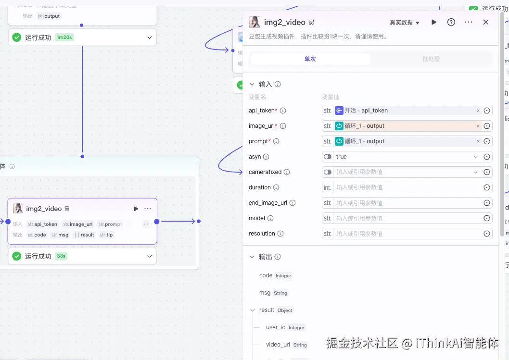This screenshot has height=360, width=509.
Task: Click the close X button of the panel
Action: point(485,22)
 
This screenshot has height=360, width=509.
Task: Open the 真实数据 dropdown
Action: point(405,23)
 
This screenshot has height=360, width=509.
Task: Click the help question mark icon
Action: point(451,22)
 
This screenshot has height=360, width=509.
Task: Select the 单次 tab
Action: point(310,59)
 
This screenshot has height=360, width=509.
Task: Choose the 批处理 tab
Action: point(431,59)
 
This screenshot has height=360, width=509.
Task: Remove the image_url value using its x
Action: point(478,126)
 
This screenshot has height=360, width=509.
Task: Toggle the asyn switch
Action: point(328,157)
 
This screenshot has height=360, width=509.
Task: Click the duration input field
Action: point(407,187)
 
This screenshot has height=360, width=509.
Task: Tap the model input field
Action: point(407,218)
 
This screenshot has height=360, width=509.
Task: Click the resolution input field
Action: point(407,234)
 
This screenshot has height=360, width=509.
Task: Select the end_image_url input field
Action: point(407,203)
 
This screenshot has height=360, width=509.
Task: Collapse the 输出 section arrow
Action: point(252,257)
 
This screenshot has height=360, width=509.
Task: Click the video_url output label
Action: point(278,345)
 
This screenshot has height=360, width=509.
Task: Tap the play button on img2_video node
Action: point(136,209)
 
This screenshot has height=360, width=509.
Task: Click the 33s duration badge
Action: point(61,256)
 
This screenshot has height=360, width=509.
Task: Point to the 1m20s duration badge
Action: point(64,37)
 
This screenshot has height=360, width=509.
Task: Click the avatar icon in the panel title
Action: point(254,22)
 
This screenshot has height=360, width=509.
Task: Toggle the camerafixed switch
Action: point(328,172)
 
